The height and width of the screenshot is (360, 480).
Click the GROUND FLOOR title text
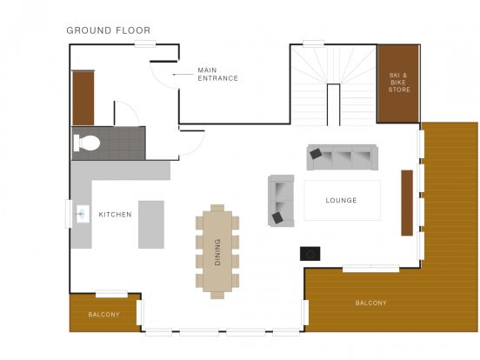tap(109, 30)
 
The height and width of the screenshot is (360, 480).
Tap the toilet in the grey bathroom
tap(87, 143)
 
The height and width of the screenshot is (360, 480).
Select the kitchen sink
tap(83, 214)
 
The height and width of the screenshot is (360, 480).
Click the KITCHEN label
tap(115, 214)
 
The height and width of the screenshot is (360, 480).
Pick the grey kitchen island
tap(151, 224)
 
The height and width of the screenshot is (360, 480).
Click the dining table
tap(217, 251)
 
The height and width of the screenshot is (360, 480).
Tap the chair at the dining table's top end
tap(217, 208)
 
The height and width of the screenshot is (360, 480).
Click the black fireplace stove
tap(310, 254)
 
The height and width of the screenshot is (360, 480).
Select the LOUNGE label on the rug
tap(342, 200)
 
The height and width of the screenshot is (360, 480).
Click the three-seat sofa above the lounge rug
tap(343, 157)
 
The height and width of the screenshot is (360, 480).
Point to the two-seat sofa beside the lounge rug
tap(281, 201)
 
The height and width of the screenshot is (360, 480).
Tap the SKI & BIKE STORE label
tap(399, 83)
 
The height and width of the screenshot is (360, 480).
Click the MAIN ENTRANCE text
tap(217, 75)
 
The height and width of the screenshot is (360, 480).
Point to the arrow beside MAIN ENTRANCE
tap(183, 75)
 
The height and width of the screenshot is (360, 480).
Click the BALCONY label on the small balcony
tap(103, 315)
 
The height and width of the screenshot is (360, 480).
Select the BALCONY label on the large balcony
tap(370, 303)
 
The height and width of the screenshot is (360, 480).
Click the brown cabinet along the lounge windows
tap(407, 203)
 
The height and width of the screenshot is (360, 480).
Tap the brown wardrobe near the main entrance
tap(83, 97)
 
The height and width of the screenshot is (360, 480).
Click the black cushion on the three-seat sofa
tap(316, 154)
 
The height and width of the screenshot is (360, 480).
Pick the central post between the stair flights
tap(333, 104)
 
